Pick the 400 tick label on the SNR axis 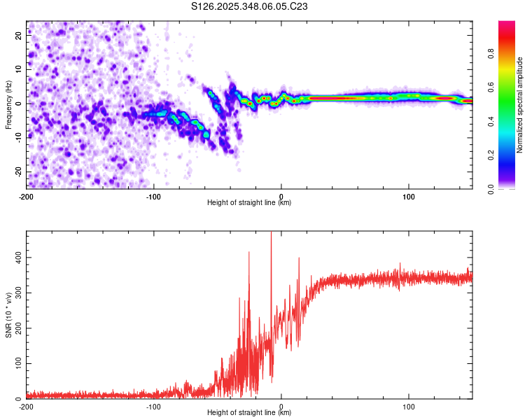pos(15,258)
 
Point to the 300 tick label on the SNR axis pos(15,294)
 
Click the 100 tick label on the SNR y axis pos(15,364)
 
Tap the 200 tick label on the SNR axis pos(15,329)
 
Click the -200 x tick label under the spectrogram pos(26,195)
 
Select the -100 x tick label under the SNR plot pos(153,406)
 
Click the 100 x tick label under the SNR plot pos(409,406)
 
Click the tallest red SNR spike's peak pos(271,233)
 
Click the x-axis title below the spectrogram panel pos(249,203)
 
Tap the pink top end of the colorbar pos(506,24)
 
